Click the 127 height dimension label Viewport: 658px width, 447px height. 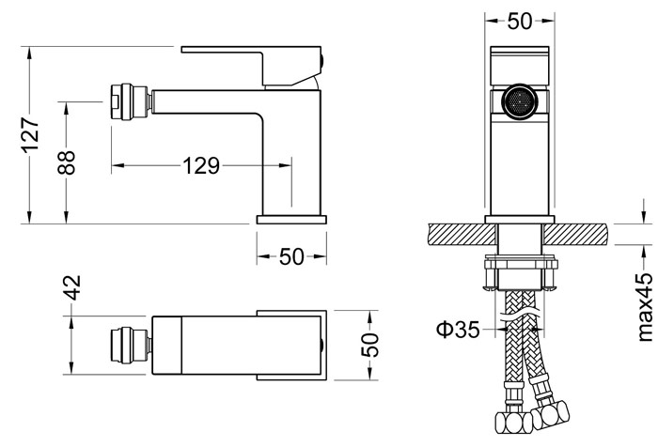click(30, 134)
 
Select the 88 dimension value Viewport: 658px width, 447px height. click(67, 162)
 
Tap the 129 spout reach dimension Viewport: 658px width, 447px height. click(201, 165)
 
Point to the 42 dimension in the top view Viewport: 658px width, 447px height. click(73, 287)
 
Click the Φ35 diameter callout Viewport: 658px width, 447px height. click(458, 330)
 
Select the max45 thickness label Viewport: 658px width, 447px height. click(645, 306)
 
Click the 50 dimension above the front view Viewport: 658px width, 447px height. click(520, 21)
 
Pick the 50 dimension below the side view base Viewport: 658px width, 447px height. click(291, 256)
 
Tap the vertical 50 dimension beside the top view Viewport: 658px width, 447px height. click(369, 345)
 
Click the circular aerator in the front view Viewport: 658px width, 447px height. click(520, 102)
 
